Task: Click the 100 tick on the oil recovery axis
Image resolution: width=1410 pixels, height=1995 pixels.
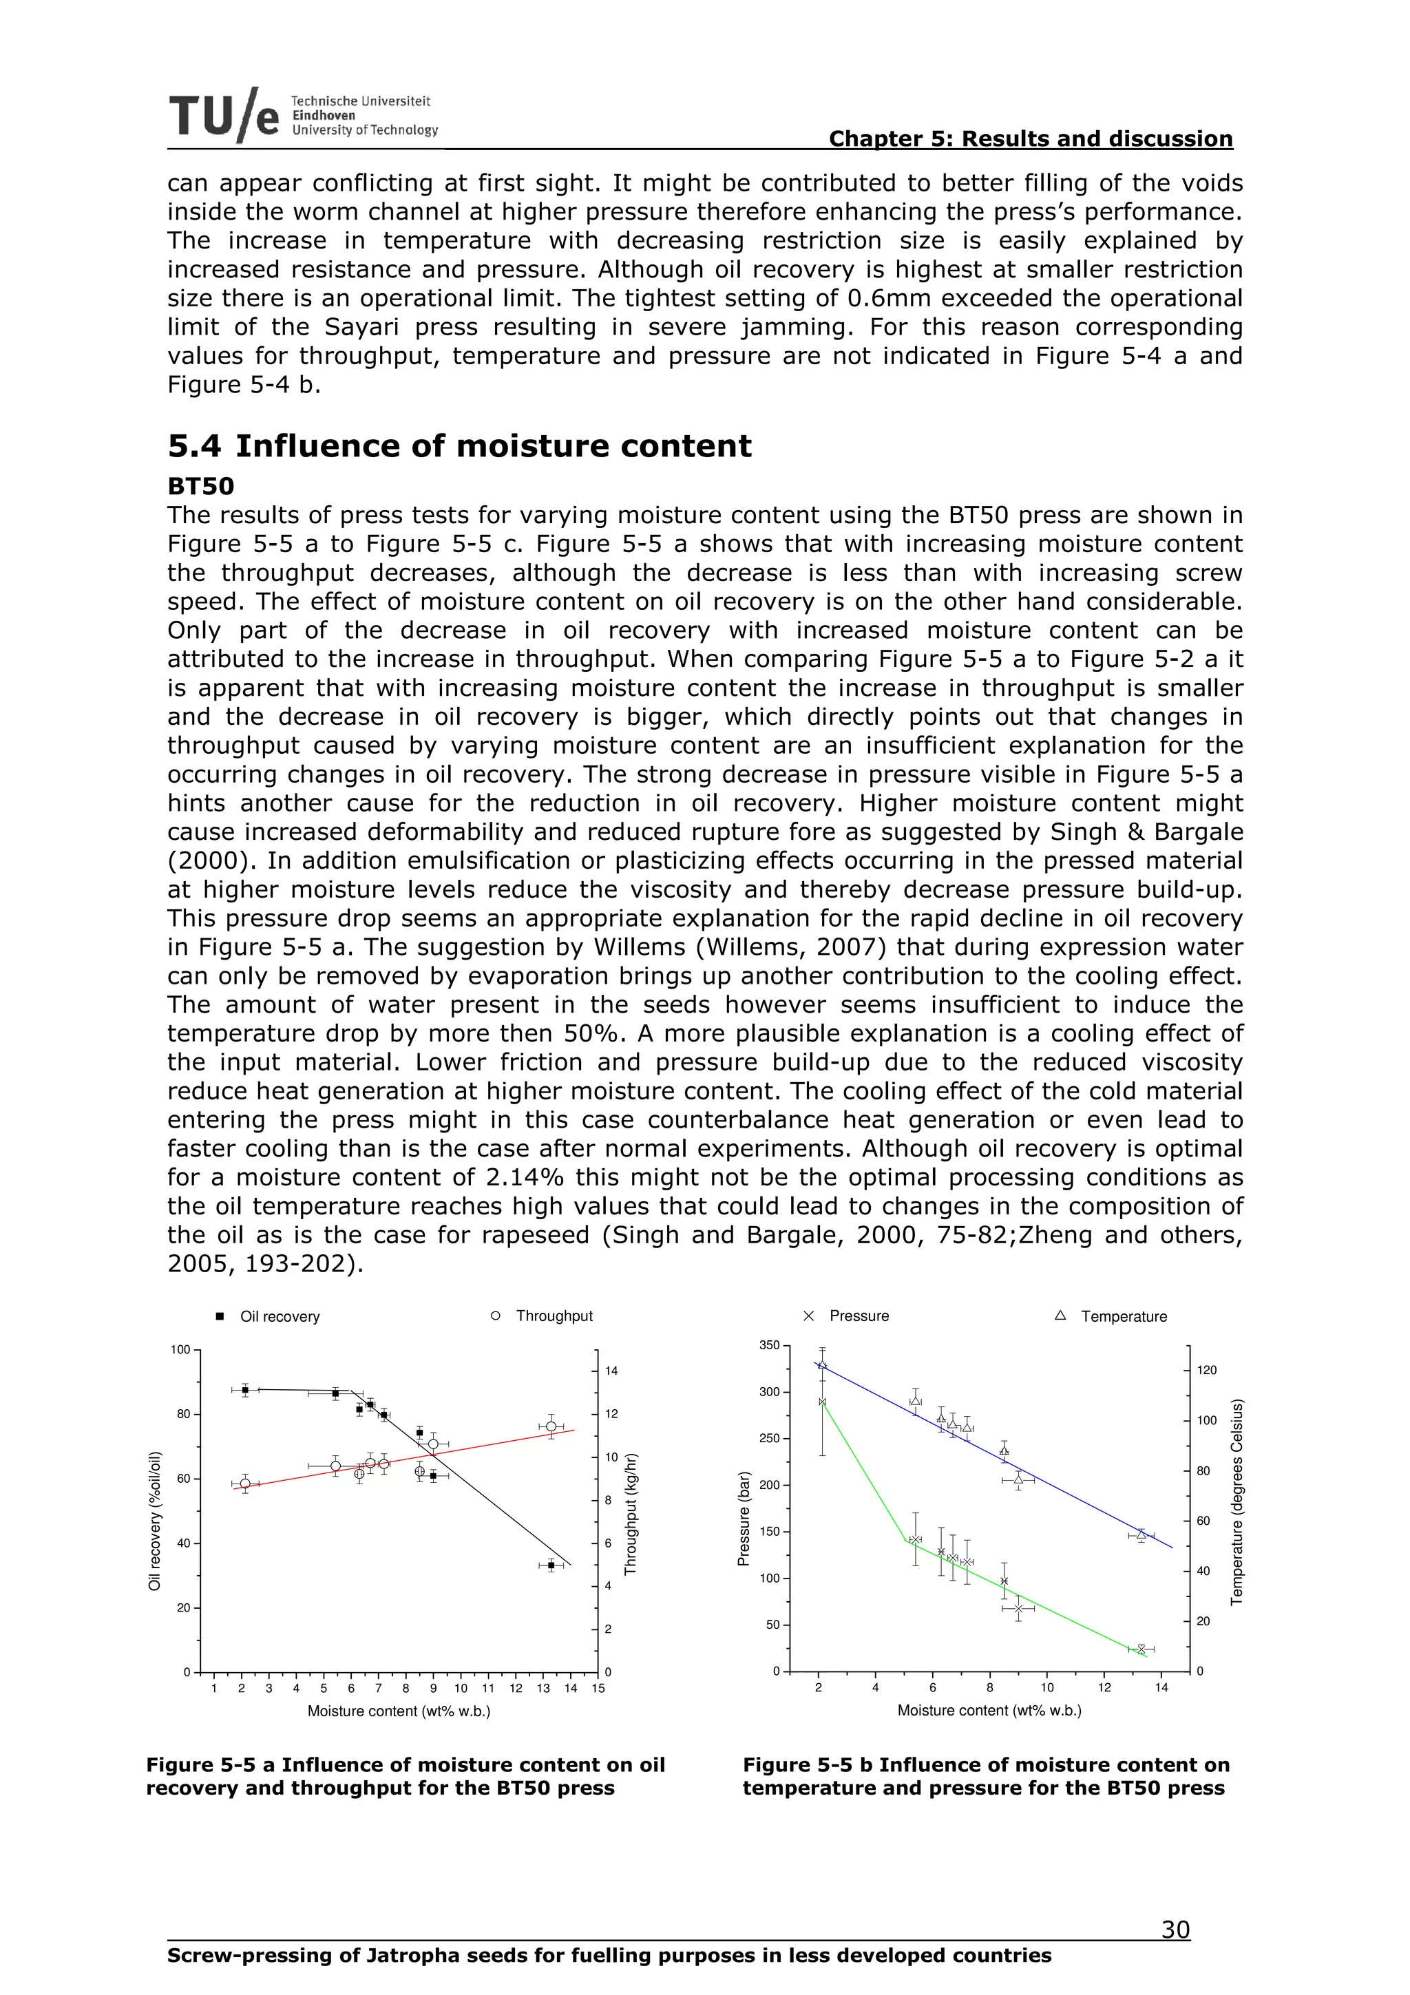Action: (180, 1349)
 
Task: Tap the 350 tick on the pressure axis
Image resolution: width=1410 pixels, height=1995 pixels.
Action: (770, 1345)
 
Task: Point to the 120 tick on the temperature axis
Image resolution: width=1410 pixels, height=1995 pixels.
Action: (1207, 1370)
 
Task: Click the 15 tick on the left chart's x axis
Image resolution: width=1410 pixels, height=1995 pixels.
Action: (598, 1688)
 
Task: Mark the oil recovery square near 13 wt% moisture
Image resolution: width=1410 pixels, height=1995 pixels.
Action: (551, 1565)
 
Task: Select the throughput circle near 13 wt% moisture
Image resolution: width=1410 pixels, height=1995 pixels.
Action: (551, 1427)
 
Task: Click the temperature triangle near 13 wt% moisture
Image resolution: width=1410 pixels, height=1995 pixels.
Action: (1141, 1534)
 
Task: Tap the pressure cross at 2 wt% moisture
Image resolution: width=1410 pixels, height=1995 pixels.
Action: (822, 1402)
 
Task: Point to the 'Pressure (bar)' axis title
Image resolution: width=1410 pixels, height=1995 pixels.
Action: (743, 1519)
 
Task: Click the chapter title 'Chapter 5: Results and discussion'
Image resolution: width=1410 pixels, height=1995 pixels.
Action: (1031, 139)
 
